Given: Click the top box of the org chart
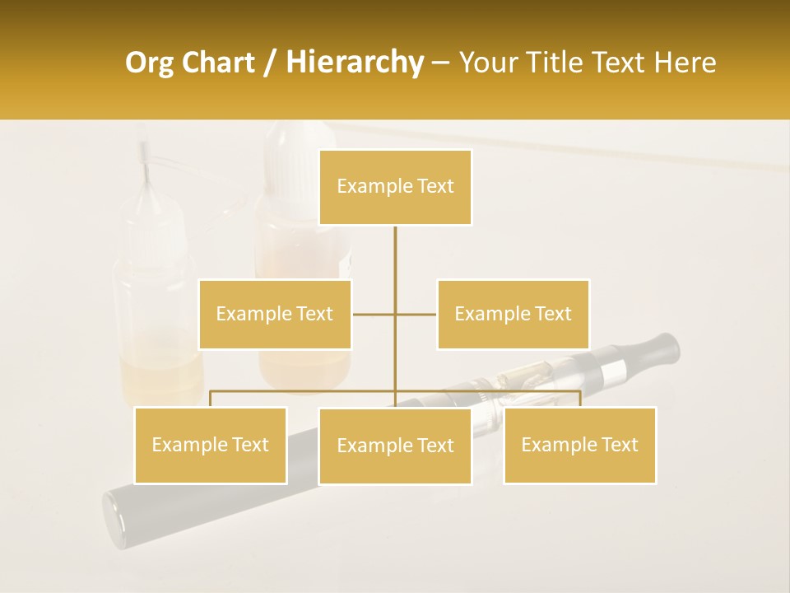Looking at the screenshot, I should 395,187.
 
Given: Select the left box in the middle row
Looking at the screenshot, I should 275,314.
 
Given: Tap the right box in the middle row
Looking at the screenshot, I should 513,314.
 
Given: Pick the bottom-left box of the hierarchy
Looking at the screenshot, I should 211,445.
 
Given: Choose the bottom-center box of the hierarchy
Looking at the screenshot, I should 395,446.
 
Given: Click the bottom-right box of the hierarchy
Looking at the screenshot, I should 579,445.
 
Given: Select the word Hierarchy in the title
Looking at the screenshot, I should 354,63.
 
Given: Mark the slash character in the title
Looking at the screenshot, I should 272,63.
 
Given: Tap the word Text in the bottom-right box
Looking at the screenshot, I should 618,445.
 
